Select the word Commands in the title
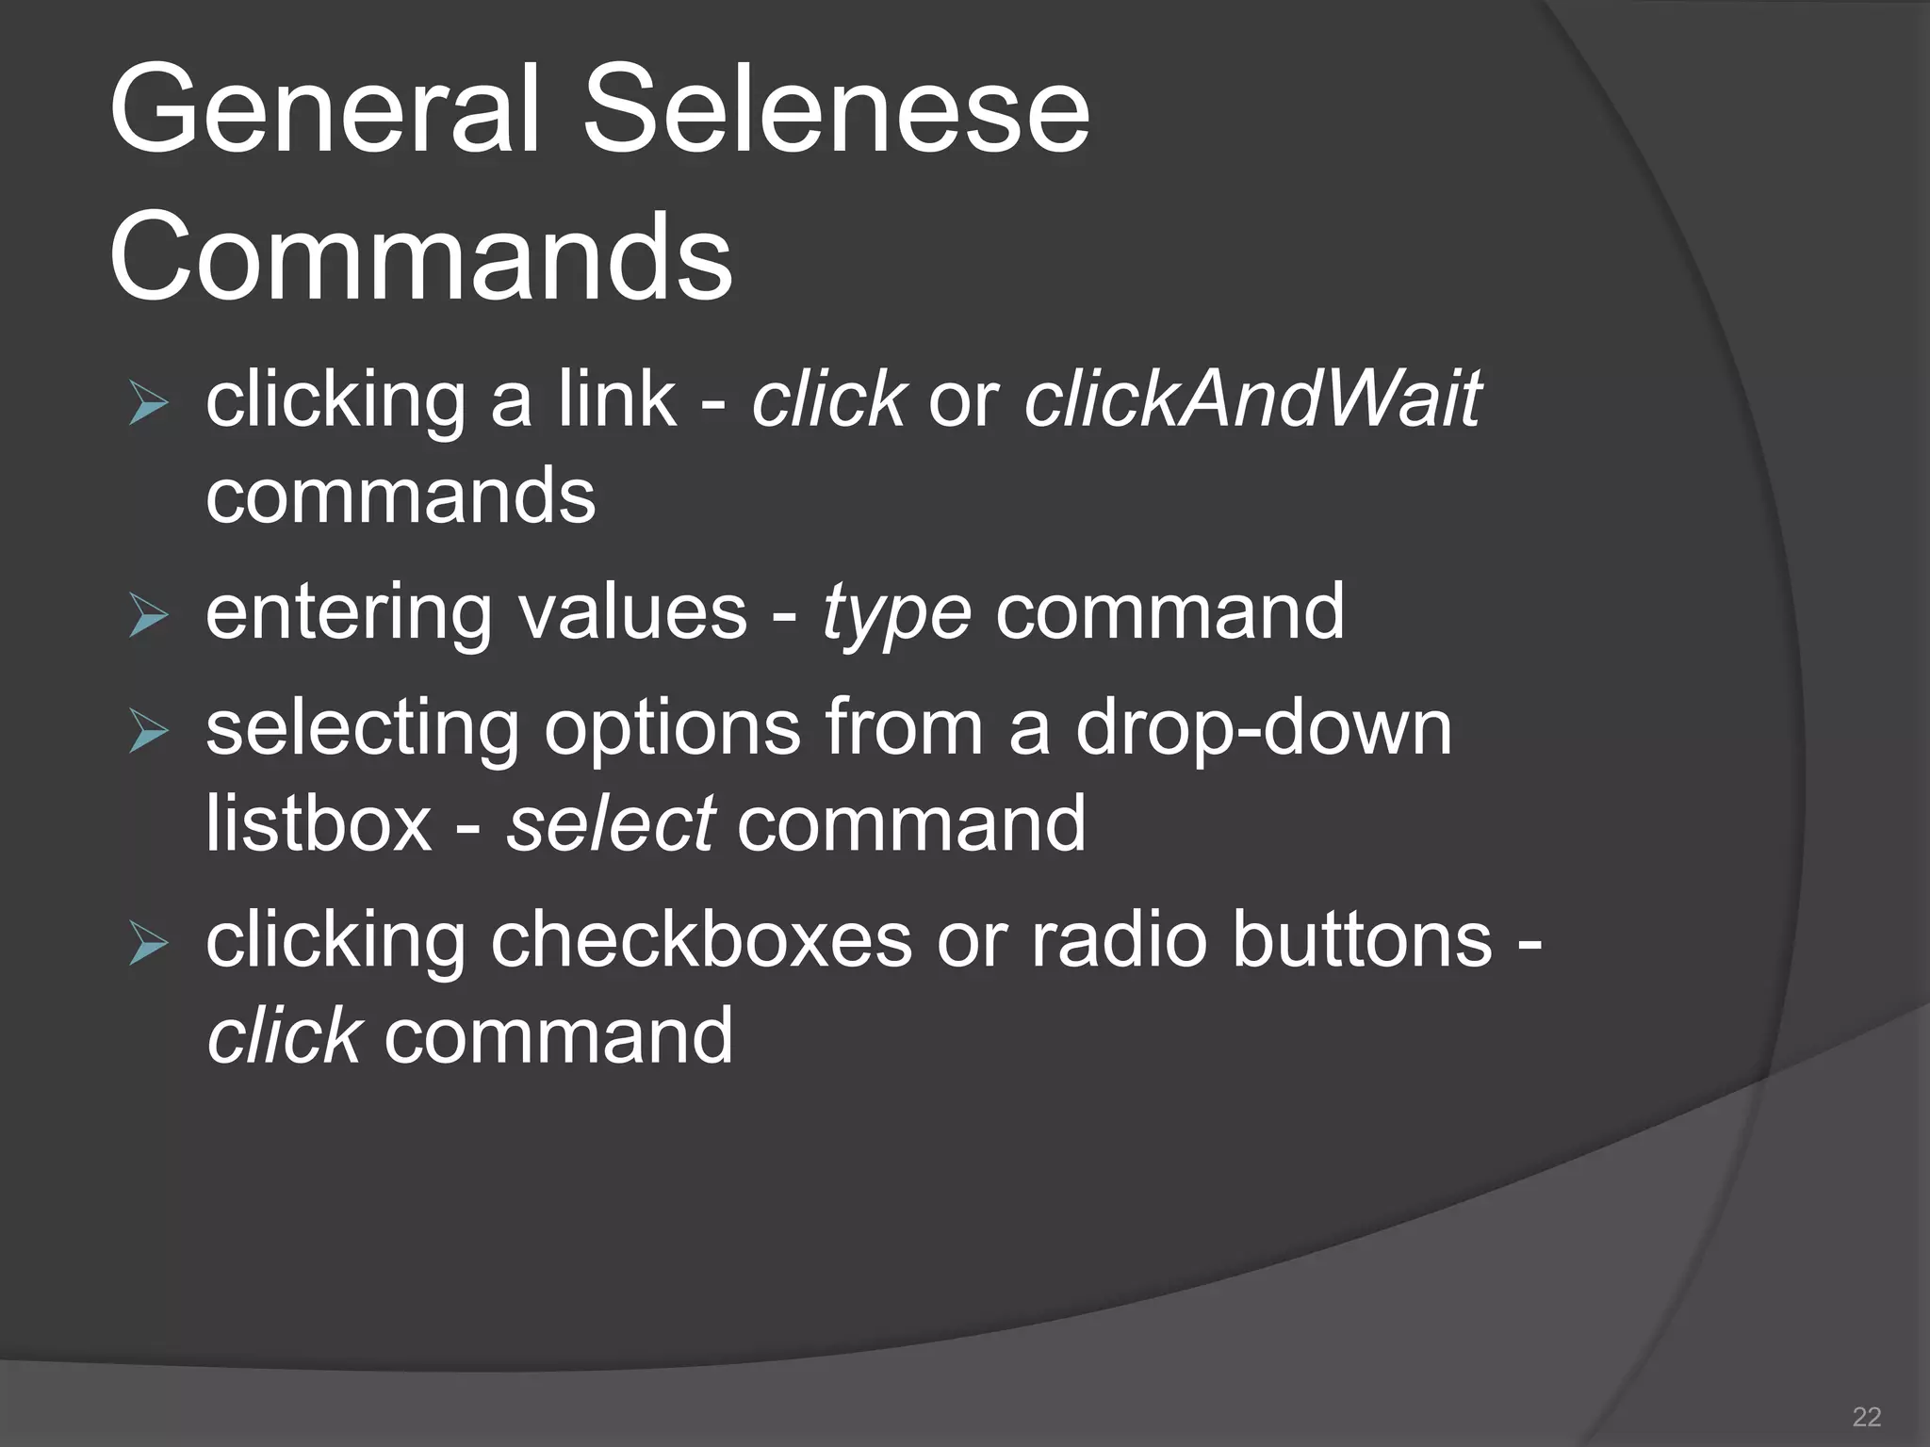pos(420,256)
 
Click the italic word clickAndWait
pos(1252,399)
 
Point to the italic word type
pos(895,614)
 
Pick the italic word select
pos(610,823)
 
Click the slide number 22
pos(1866,1416)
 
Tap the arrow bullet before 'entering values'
pos(148,617)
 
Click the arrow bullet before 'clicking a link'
pos(148,405)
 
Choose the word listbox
pos(319,823)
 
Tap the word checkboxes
pos(701,940)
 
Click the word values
pos(632,612)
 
